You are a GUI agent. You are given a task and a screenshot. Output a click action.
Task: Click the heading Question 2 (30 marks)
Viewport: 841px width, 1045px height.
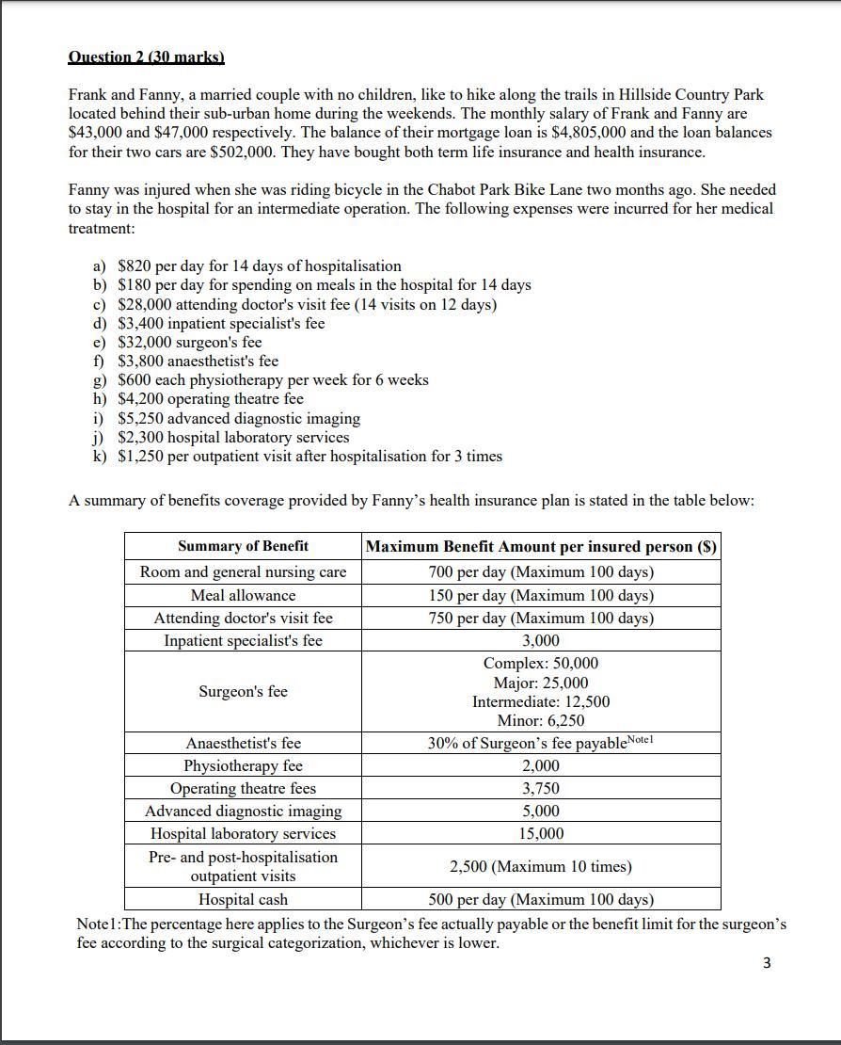[146, 57]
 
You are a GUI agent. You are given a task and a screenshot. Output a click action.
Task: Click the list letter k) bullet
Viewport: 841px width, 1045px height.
[99, 457]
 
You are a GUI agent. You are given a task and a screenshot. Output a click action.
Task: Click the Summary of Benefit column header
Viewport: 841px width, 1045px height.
[243, 546]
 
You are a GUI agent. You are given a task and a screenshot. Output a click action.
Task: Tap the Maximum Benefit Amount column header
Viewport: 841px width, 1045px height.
[541, 546]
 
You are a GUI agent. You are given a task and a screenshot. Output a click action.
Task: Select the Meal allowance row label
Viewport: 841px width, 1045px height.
[243, 595]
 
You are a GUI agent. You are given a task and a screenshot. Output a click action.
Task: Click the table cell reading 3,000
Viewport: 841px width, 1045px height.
[541, 641]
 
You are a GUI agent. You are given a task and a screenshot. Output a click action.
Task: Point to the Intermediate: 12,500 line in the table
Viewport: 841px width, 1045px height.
[541, 701]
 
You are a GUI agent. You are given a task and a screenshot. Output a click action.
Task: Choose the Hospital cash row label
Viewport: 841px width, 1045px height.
[243, 899]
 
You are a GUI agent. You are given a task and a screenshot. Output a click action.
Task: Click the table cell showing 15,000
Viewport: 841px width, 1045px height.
[541, 833]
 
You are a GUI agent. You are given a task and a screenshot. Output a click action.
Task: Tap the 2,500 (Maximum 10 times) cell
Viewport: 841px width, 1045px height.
[541, 866]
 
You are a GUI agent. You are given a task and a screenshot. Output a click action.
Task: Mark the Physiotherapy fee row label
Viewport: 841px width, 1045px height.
[243, 765]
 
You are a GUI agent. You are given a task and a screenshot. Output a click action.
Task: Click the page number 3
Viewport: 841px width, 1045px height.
[767, 963]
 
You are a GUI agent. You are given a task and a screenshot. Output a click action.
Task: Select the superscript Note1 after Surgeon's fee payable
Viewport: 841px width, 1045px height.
[640, 740]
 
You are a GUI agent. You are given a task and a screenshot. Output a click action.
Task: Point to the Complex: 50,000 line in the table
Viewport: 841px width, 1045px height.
[541, 664]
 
